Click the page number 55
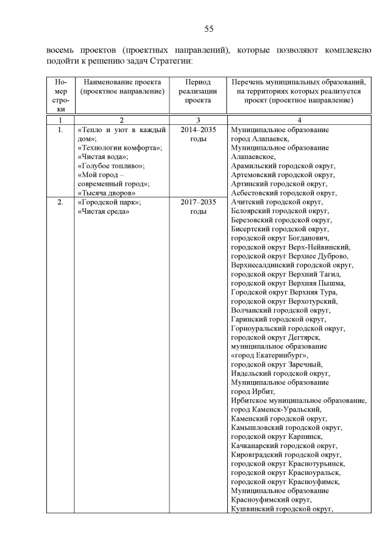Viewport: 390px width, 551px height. [208, 29]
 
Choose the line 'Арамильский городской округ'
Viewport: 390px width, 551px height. [284, 166]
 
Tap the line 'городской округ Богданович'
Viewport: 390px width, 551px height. [283, 238]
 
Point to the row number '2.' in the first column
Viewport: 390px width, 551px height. [60, 202]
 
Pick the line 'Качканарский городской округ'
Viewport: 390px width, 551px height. [285, 446]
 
